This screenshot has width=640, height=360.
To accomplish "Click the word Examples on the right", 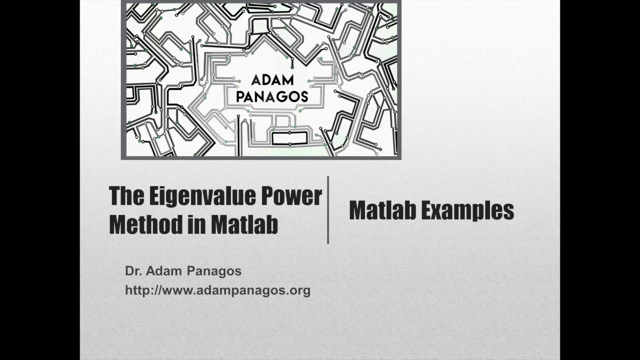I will click(x=468, y=210).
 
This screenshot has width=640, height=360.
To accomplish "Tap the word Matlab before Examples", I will click(x=382, y=210).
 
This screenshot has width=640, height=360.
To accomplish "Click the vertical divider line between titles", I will click(x=328, y=210).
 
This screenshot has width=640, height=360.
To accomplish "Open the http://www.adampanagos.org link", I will click(x=217, y=290).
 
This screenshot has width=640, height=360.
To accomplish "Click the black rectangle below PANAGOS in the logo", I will click(x=289, y=138).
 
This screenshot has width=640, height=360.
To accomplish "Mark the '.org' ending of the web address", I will click(x=299, y=290).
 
